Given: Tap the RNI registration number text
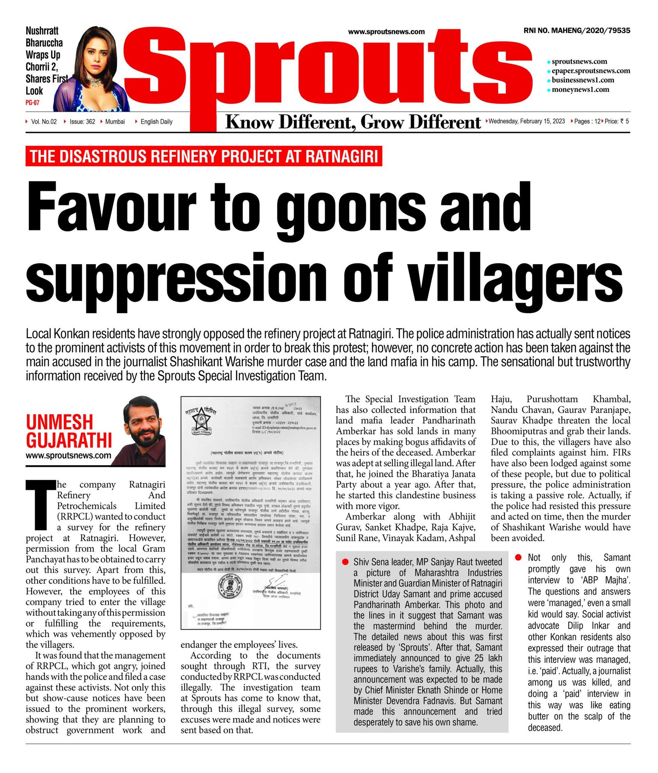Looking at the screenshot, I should tap(577, 30).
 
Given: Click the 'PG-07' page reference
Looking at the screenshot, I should tap(32, 102).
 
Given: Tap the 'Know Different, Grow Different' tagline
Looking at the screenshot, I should tap(353, 123).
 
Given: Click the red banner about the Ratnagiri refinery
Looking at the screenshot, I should tap(204, 156).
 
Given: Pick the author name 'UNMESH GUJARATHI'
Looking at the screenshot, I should tap(69, 431).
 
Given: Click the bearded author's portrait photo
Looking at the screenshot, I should tap(145, 431).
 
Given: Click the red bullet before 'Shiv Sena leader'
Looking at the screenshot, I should tap(345, 562).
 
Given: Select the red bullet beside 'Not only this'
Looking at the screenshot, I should tap(519, 557).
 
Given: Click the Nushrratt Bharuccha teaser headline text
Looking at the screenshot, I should tap(44, 60).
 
